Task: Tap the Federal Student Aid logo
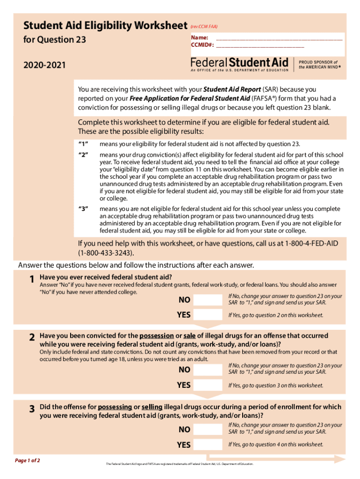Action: pyautogui.click(x=239, y=65)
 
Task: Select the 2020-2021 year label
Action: pyautogui.click(x=44, y=65)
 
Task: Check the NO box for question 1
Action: pyautogui.click(x=208, y=300)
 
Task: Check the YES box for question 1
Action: pyautogui.click(x=208, y=315)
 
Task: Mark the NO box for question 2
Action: pyautogui.click(x=208, y=370)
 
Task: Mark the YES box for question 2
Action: pyautogui.click(x=208, y=385)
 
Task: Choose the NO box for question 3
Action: pyautogui.click(x=208, y=429)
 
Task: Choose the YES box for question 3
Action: pyautogui.click(x=208, y=444)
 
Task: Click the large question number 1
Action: pyautogui.click(x=31, y=280)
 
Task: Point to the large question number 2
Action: pyautogui.click(x=31, y=338)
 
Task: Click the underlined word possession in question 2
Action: pyautogui.click(x=156, y=336)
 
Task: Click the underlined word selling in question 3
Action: pyautogui.click(x=151, y=407)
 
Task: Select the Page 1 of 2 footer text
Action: pyautogui.click(x=28, y=460)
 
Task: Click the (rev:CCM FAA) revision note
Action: pyautogui.click(x=204, y=27)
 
